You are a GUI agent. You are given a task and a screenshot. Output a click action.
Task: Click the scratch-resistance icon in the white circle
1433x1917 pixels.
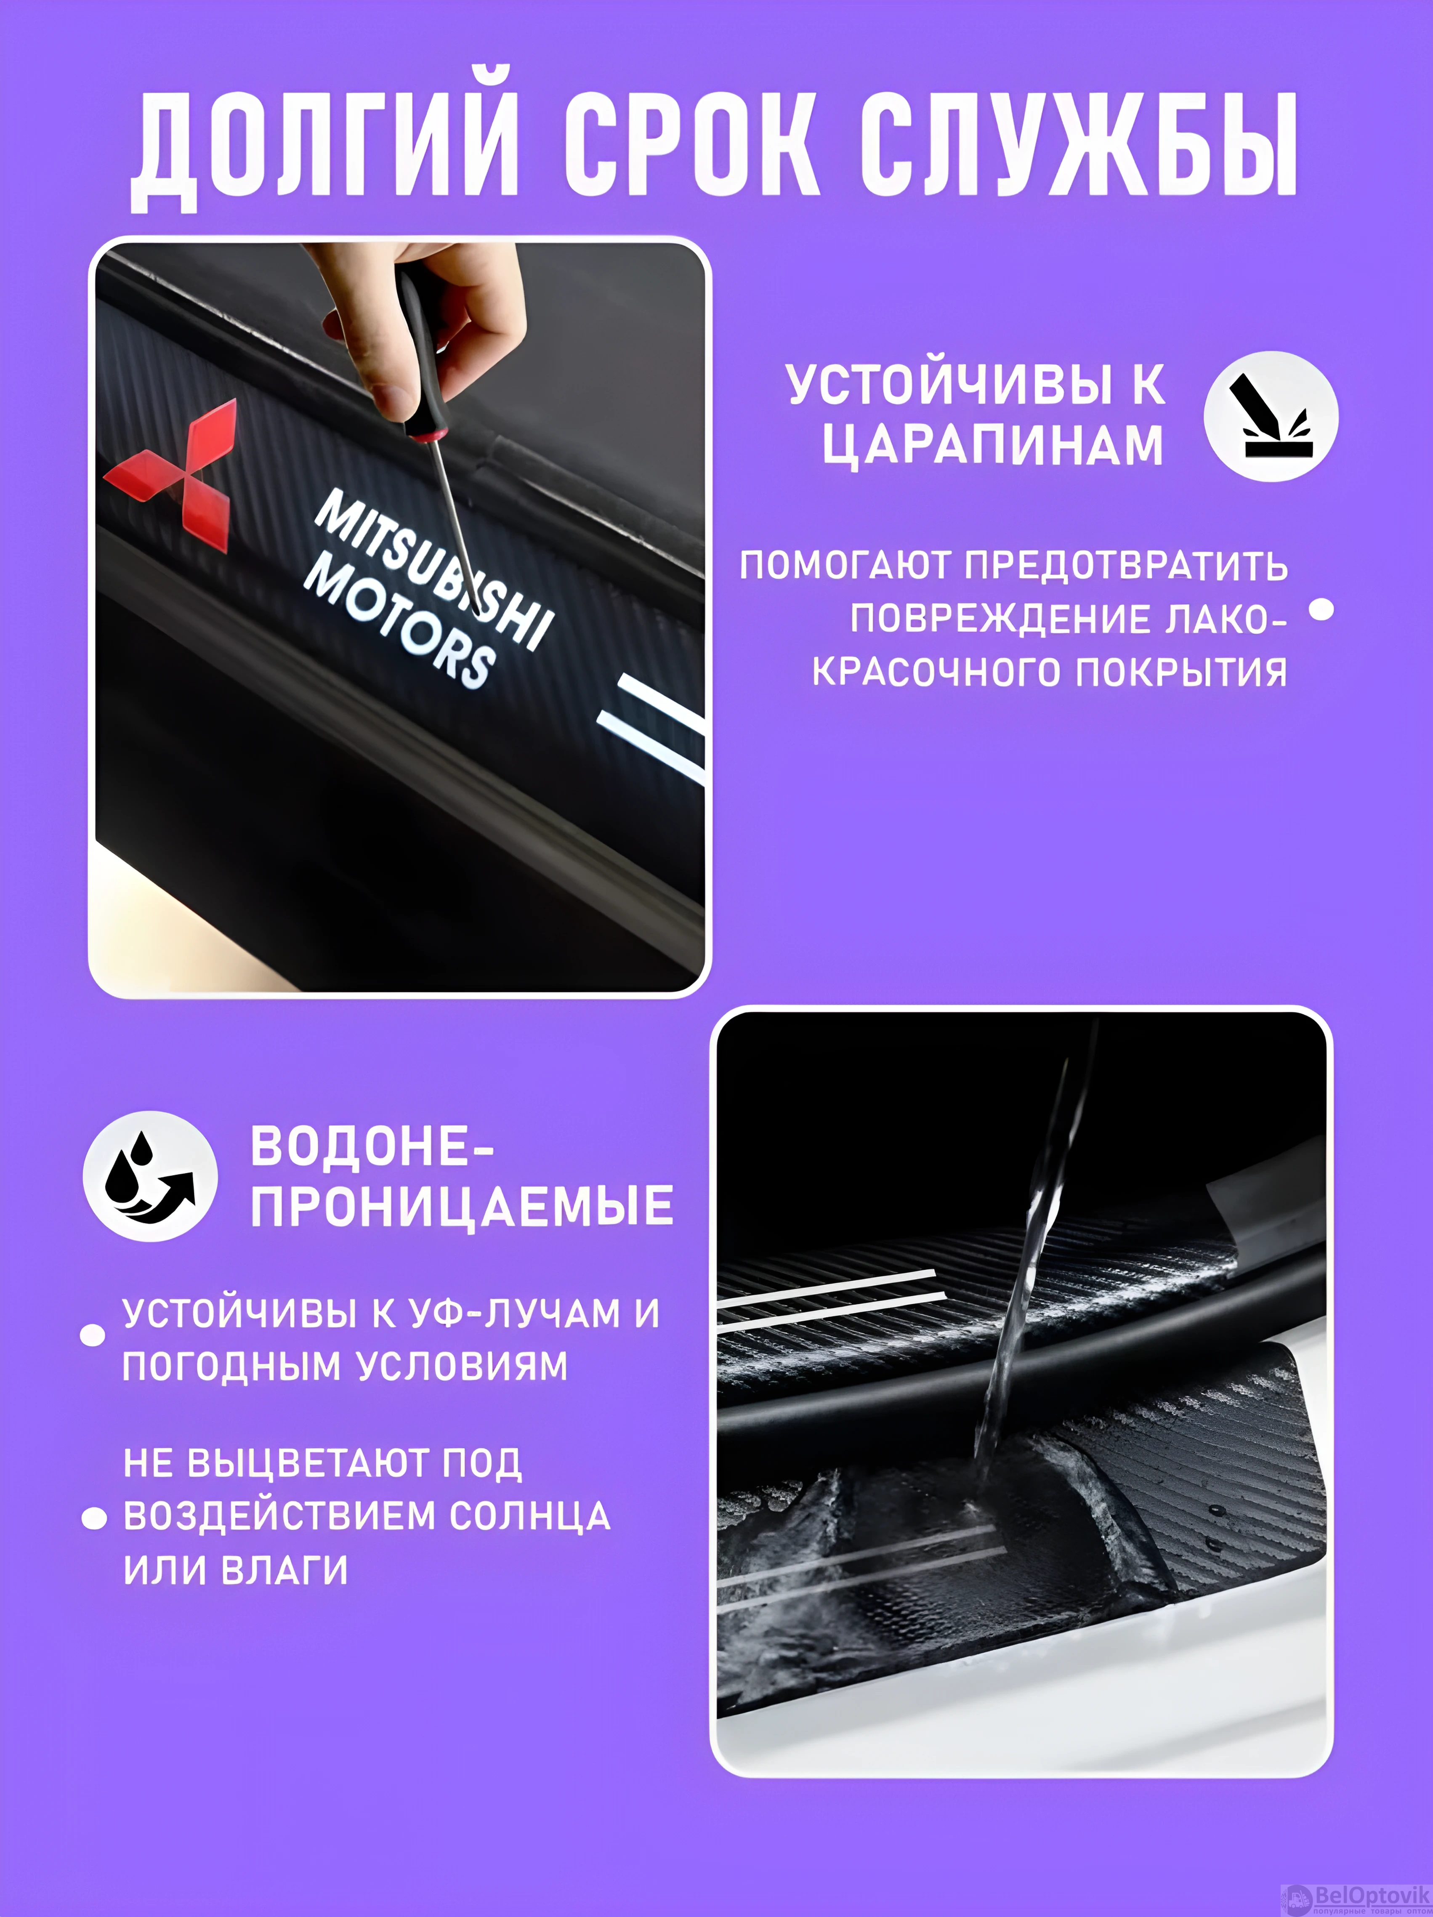pos(1271,417)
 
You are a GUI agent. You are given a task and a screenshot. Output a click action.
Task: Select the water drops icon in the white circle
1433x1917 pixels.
pos(150,1176)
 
